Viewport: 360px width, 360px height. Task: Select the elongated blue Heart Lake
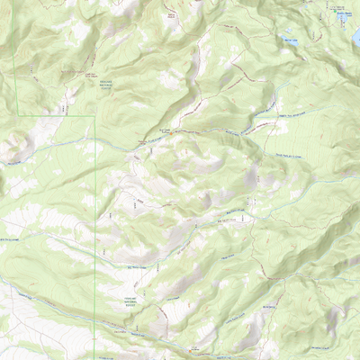pyautogui.click(x=288, y=40)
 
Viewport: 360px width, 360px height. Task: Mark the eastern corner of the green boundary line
pyautogui.click(x=96, y=116)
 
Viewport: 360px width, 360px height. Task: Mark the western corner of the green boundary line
pyautogui.click(x=19, y=116)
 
